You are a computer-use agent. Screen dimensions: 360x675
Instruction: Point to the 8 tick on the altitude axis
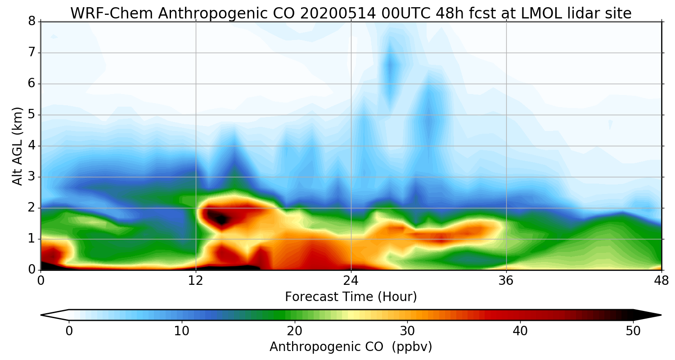[x=32, y=22]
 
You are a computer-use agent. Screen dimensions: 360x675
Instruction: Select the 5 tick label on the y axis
[x=32, y=115]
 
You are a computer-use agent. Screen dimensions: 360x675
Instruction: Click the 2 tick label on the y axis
[x=32, y=208]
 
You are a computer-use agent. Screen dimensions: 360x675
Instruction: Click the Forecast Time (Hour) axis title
[x=351, y=297]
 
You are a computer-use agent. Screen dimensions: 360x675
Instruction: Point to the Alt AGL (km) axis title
[x=18, y=146]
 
